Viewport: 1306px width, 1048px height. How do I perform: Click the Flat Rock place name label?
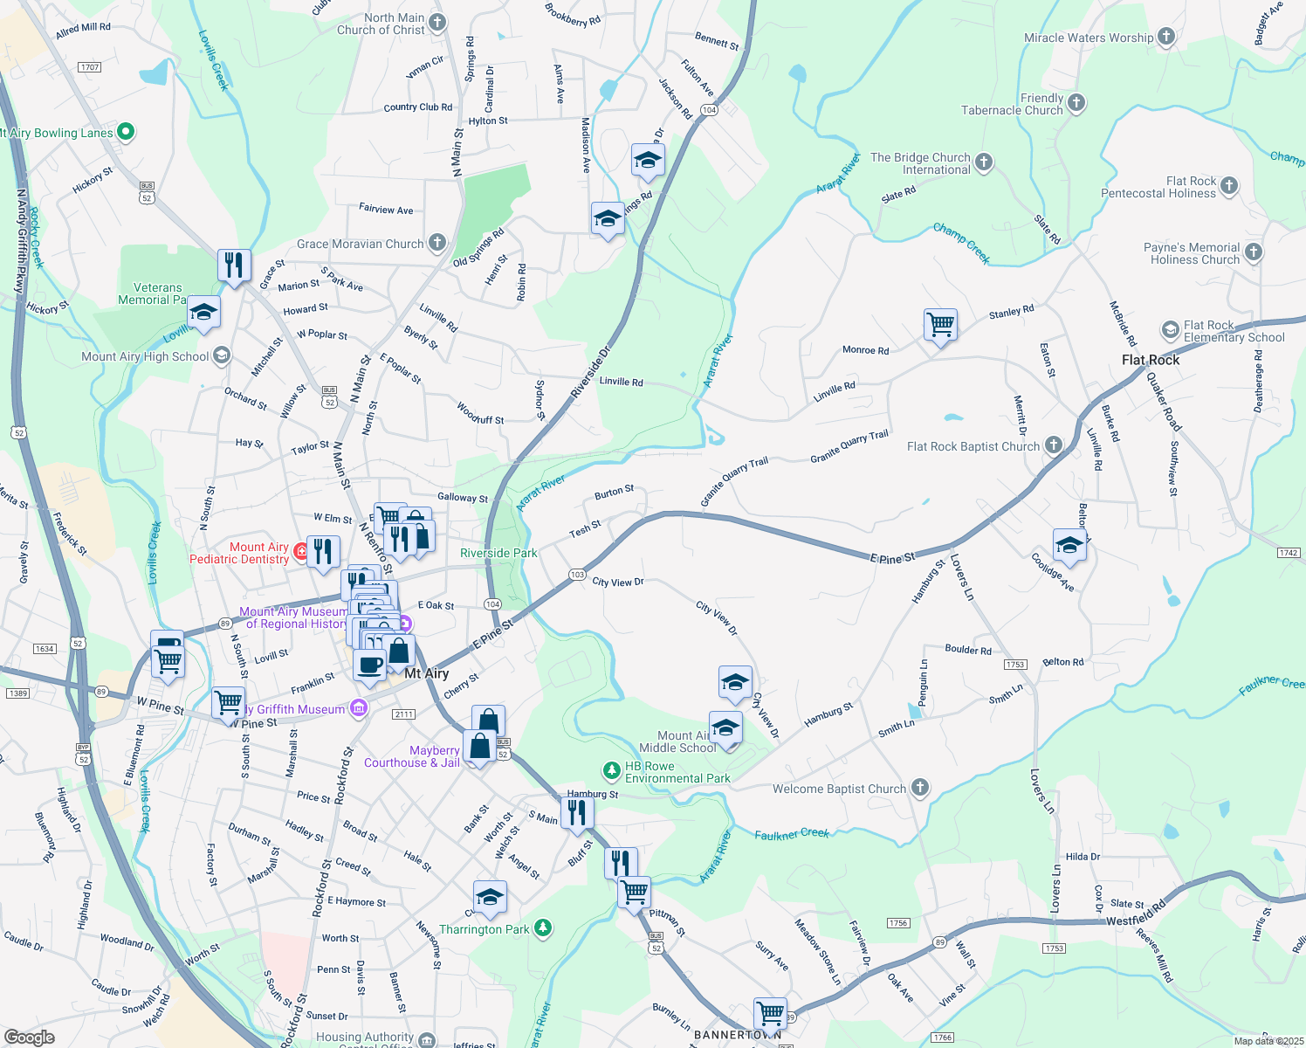(1150, 360)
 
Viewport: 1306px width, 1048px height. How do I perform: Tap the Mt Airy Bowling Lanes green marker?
(125, 132)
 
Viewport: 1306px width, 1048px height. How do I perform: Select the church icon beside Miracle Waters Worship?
(1166, 37)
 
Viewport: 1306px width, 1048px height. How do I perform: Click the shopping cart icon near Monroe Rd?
(940, 325)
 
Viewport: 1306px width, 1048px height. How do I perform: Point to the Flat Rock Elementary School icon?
(1170, 330)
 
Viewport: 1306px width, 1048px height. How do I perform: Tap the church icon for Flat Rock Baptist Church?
(1054, 445)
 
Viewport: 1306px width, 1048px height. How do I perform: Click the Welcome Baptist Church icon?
(919, 788)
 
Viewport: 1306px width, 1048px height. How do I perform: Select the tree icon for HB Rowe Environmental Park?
(611, 770)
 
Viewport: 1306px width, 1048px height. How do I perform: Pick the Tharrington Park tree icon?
(543, 927)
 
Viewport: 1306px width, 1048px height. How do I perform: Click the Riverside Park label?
(498, 553)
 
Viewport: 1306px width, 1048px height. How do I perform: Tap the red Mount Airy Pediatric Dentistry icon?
(301, 551)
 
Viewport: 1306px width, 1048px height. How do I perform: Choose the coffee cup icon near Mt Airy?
(369, 664)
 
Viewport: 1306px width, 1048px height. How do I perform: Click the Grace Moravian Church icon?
(437, 243)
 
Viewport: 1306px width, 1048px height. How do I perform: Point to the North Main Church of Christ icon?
(437, 22)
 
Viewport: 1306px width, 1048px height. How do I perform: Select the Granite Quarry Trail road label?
(849, 446)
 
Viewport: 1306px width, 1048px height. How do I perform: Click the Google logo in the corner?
(30, 1037)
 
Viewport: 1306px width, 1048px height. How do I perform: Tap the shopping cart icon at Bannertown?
(770, 1013)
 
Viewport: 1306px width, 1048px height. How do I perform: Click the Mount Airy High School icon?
(222, 355)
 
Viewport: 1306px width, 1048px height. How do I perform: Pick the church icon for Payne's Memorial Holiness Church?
(1253, 252)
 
